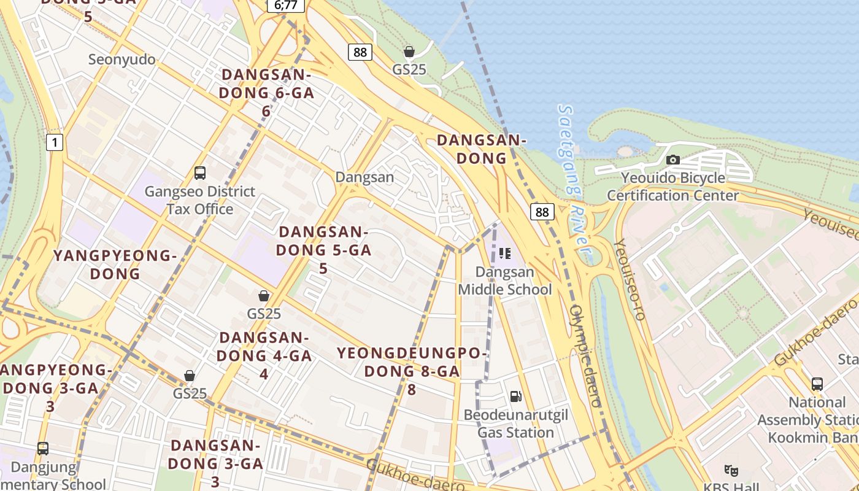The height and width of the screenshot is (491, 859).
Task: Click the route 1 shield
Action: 55,143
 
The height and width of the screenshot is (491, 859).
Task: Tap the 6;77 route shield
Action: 286,6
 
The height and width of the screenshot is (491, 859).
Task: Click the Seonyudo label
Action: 122,60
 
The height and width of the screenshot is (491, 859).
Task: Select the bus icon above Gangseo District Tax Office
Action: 200,173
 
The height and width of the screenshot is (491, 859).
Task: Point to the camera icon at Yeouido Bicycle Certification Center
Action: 673,160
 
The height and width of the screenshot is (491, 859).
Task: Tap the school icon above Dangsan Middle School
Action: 505,253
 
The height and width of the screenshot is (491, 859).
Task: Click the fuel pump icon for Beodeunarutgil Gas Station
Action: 516,396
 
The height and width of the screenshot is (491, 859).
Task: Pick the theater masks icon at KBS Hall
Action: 731,471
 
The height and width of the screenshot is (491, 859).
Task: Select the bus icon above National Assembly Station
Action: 817,384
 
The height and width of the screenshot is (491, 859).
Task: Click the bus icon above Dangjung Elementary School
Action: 43,449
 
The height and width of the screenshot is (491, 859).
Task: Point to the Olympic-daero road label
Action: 585,356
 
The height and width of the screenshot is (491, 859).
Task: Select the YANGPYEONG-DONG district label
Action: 115,265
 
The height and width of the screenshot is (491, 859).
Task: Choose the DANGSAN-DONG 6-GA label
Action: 266,93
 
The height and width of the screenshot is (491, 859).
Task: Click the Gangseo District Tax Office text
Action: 200,200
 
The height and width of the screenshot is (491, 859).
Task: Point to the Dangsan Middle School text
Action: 505,280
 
